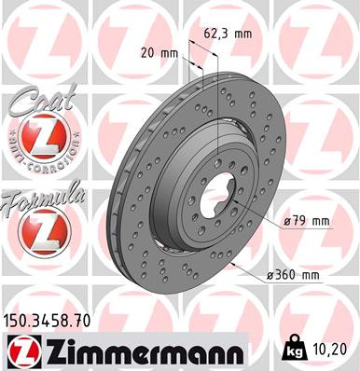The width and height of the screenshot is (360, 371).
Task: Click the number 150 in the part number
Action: (17, 321)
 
